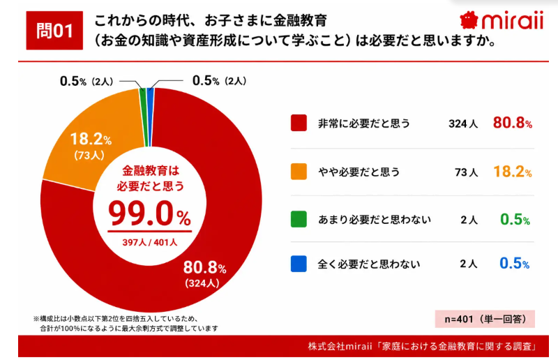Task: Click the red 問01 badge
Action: pos(54,30)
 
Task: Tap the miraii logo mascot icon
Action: pos(468,20)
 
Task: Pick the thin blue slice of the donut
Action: pos(150,117)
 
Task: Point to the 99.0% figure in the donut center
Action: pos(149,213)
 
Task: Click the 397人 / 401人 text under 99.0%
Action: pos(149,243)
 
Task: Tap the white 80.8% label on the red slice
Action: pos(204,268)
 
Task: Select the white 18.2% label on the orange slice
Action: pos(91,140)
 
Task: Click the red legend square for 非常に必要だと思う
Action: pos(299,123)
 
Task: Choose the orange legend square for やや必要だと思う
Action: pos(299,171)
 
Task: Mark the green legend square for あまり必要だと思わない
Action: pos(299,219)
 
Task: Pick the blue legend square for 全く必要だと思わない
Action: pos(299,264)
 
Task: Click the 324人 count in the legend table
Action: pos(463,123)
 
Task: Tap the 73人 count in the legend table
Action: pos(466,172)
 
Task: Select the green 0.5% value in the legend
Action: pos(515,219)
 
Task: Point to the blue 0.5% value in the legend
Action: pos(515,264)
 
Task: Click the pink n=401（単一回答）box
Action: pos(485,319)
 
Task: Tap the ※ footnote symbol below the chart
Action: pos(36,318)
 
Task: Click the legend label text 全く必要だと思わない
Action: pos(369,264)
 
